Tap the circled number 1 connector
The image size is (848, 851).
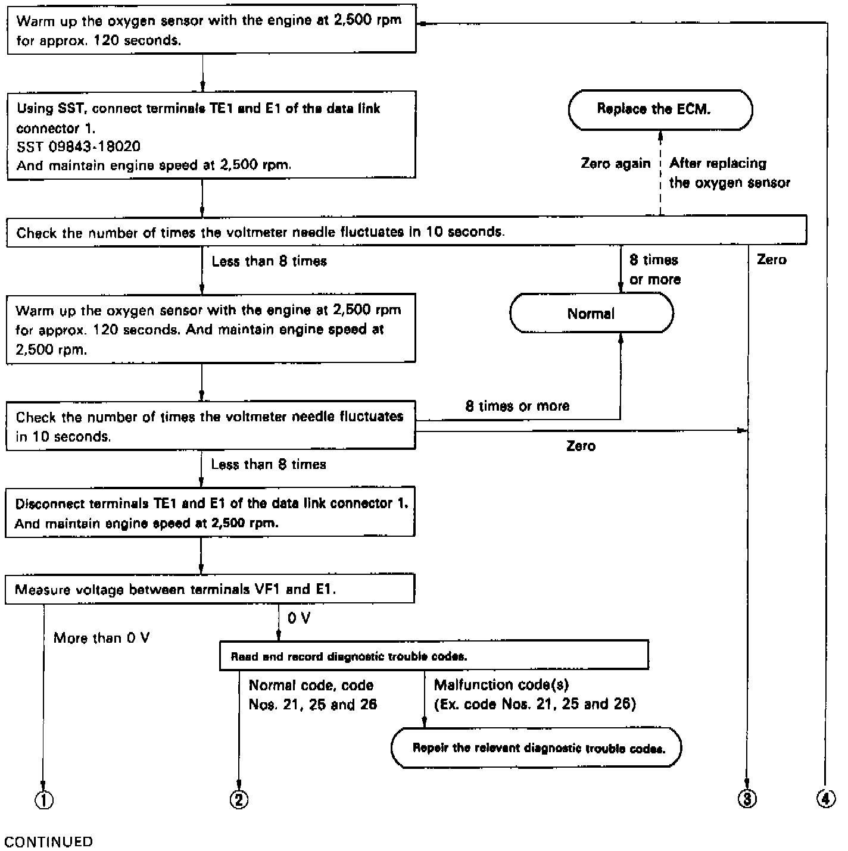(x=44, y=800)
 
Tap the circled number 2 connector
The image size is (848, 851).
(x=239, y=799)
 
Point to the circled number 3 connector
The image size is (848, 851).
(x=747, y=799)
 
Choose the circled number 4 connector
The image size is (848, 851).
(x=826, y=799)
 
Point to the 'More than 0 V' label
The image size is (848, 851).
(x=102, y=638)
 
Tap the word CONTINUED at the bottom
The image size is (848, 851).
(x=49, y=841)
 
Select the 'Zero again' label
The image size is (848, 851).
(x=615, y=164)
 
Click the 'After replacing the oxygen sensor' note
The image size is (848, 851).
(x=729, y=173)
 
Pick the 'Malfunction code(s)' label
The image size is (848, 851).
(x=501, y=685)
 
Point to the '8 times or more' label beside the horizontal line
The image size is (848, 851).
(x=517, y=406)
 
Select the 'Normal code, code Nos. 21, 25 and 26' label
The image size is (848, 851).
(x=313, y=694)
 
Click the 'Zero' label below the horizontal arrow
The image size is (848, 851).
(x=581, y=446)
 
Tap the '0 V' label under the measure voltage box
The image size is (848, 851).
(x=299, y=618)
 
